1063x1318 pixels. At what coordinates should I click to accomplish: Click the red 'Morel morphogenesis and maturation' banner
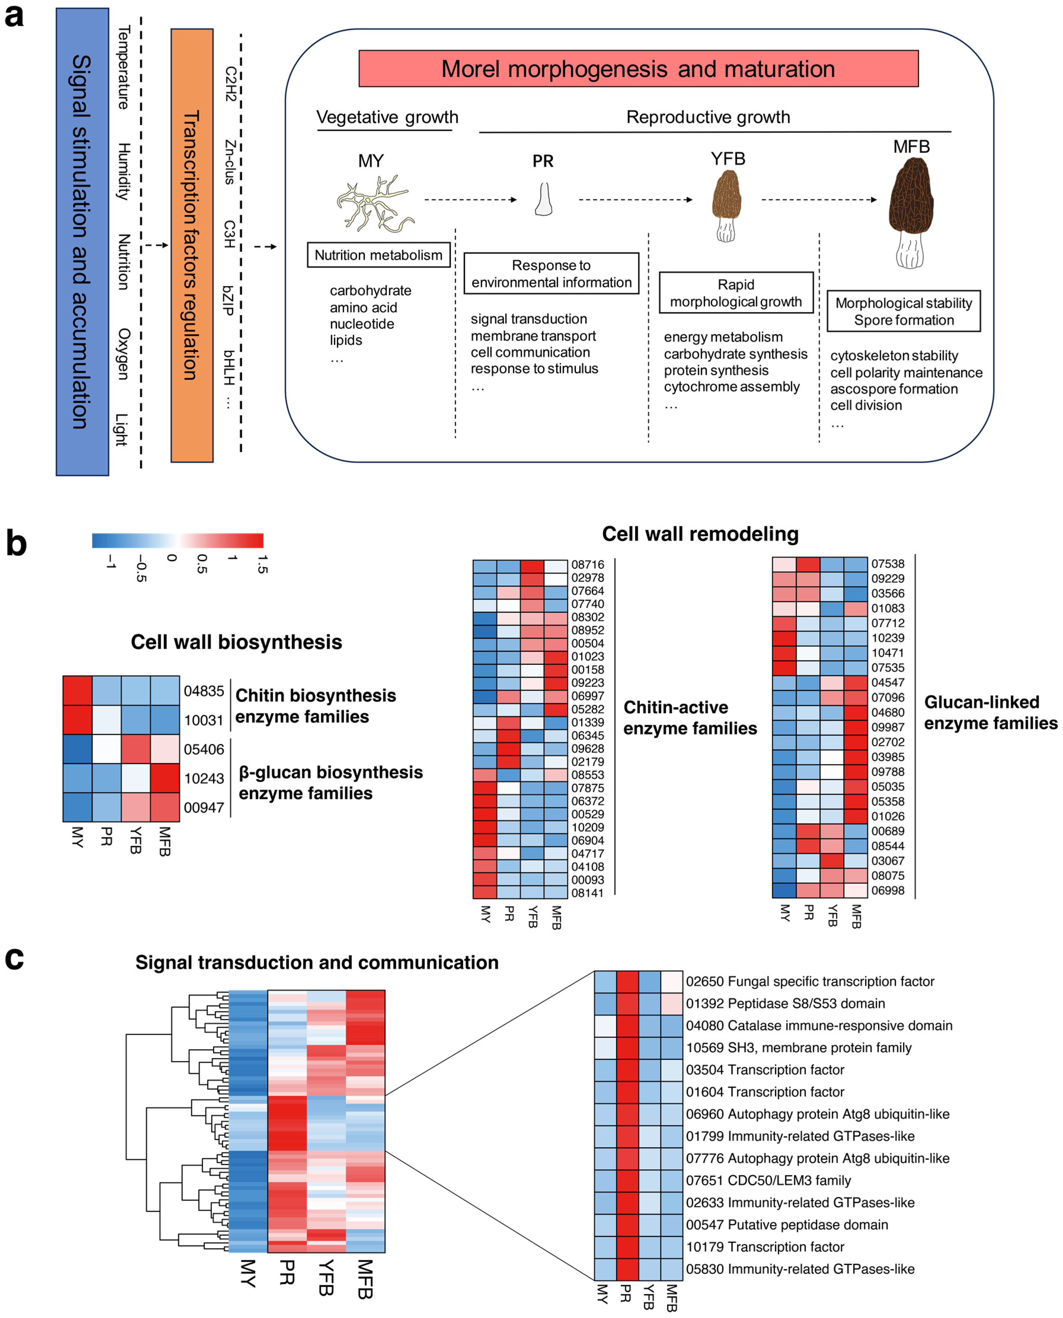(638, 68)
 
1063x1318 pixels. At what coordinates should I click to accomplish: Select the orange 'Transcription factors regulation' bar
(192, 245)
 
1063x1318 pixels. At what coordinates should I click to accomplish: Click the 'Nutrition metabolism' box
(378, 255)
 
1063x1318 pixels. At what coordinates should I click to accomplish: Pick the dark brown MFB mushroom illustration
(911, 211)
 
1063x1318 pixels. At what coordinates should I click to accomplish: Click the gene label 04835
(204, 691)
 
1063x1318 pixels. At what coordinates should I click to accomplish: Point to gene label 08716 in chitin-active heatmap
(587, 564)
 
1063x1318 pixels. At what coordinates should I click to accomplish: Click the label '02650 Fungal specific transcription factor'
(810, 981)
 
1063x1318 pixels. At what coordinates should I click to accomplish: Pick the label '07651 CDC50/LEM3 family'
(768, 1180)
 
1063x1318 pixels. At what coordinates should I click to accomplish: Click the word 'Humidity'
(124, 171)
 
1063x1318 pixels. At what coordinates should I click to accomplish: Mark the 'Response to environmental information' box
(551, 274)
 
